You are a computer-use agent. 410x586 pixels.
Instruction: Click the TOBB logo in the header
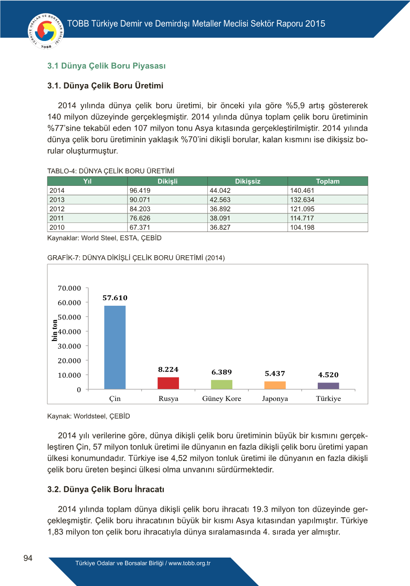(x=46, y=31)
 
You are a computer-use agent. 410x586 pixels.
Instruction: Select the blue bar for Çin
(x=115, y=347)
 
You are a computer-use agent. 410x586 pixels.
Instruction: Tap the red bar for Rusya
(x=168, y=383)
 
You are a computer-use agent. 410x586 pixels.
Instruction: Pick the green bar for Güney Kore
(x=222, y=384)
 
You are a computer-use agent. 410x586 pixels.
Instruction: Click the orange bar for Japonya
(x=275, y=385)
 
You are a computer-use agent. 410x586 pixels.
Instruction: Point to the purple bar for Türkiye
(x=329, y=386)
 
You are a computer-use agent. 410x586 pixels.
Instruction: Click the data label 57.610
(x=115, y=298)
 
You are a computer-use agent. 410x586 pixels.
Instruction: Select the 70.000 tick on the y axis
(x=69, y=288)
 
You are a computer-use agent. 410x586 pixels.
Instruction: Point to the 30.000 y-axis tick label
(x=69, y=346)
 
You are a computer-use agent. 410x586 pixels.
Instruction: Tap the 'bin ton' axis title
(x=54, y=330)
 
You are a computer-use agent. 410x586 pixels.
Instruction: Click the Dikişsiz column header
(x=247, y=182)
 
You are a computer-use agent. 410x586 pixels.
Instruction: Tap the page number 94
(x=28, y=558)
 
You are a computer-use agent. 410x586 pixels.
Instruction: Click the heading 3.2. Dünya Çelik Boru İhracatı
(x=106, y=489)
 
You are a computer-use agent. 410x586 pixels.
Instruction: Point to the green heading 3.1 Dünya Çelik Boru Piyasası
(x=106, y=66)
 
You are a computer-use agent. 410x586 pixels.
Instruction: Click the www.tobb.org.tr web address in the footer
(x=189, y=563)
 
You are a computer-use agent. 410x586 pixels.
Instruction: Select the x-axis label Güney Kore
(x=222, y=399)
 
